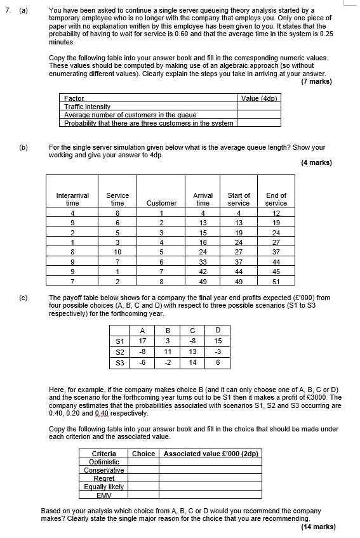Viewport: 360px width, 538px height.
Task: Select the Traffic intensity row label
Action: (88, 107)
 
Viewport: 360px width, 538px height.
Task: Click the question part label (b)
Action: (23, 147)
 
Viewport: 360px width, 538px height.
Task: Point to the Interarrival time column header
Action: (72, 199)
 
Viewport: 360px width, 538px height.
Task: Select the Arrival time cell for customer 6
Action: (203, 261)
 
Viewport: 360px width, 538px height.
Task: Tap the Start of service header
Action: (239, 199)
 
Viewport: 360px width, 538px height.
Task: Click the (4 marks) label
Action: (316, 163)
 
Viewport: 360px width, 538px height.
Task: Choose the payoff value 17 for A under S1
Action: (142, 341)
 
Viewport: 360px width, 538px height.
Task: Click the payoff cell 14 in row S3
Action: (193, 363)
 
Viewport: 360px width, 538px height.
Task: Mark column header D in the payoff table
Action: (218, 330)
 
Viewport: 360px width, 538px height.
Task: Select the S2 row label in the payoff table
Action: (119, 352)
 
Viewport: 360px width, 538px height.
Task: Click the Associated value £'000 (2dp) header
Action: (211, 454)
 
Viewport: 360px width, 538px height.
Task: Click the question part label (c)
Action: (23, 298)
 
